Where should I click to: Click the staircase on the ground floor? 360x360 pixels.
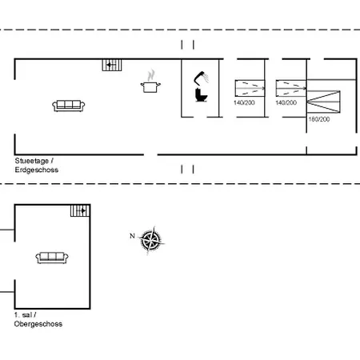[x=111, y=65]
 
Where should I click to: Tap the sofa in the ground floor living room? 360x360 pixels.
[x=70, y=105]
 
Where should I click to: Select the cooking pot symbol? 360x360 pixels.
[x=150, y=86]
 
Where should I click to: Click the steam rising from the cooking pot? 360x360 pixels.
[x=150, y=75]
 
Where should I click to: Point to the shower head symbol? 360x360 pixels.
[x=201, y=78]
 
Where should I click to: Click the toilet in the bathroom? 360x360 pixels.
[x=202, y=95]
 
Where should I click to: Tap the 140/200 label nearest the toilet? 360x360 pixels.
[x=245, y=103]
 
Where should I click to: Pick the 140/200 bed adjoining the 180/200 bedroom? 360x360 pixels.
[x=290, y=88]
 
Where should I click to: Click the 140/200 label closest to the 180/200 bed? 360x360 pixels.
[x=286, y=103]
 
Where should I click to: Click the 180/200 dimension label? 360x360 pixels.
[x=318, y=119]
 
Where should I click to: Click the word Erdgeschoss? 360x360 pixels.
[x=36, y=170]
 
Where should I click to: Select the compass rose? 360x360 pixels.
[x=150, y=238]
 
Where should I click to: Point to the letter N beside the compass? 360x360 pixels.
[x=132, y=235]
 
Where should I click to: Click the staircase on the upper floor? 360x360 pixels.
[x=79, y=210]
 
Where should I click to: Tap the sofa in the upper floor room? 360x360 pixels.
[x=51, y=257]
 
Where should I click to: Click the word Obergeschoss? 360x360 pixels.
[x=38, y=324]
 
